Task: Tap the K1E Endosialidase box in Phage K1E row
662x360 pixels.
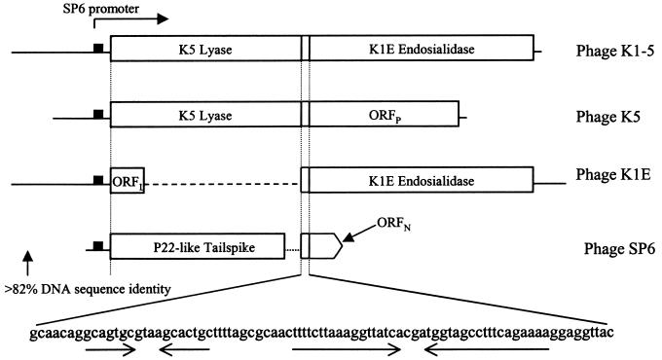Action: tap(422, 179)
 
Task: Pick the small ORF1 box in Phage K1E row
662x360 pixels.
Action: tap(127, 179)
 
